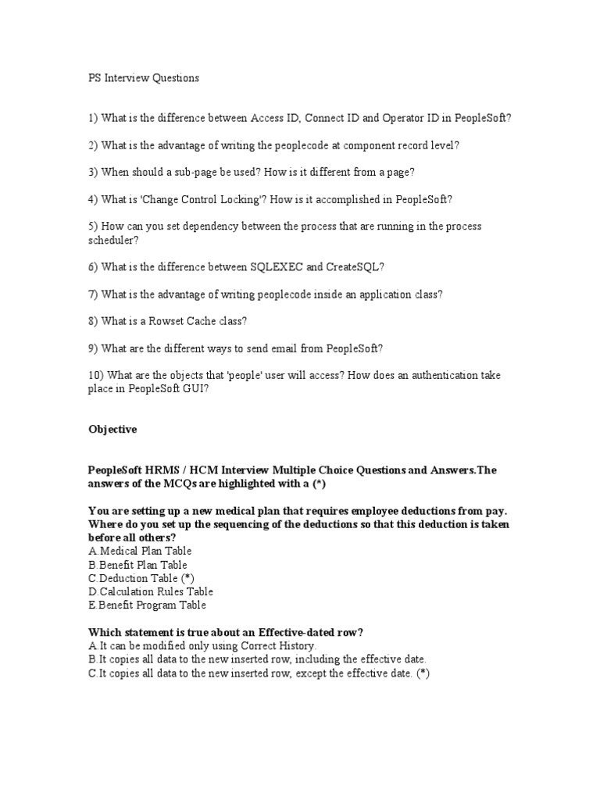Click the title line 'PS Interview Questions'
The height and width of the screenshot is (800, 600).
143,78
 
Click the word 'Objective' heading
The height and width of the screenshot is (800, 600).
112,430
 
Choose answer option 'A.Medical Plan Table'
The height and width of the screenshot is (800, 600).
140,552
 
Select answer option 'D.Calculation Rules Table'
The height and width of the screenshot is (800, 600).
150,592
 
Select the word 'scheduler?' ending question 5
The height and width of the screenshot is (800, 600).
112,241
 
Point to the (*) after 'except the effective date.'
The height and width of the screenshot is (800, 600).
423,673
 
